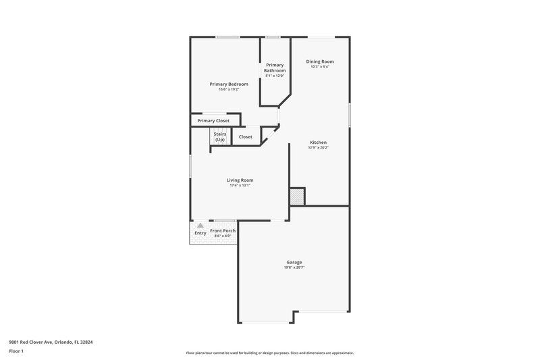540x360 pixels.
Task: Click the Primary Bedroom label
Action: (x=229, y=84)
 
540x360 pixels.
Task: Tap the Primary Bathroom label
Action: (x=275, y=68)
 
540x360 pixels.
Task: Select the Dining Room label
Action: (x=320, y=61)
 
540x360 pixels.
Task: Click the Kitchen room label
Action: (x=319, y=143)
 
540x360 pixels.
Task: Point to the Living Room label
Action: (x=240, y=180)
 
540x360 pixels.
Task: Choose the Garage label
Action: (x=294, y=262)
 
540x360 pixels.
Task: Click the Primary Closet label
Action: (x=213, y=121)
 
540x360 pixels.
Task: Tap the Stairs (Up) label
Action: (x=220, y=136)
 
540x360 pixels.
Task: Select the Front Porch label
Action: (x=223, y=231)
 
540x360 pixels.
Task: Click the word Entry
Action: (x=200, y=233)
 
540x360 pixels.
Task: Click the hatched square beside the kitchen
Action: (x=297, y=197)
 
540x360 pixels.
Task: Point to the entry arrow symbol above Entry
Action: (x=200, y=226)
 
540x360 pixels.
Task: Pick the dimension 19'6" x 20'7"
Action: (x=294, y=268)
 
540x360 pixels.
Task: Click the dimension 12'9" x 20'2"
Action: (x=319, y=148)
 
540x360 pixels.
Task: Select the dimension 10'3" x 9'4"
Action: (x=320, y=67)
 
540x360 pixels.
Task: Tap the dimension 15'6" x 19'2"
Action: (x=229, y=89)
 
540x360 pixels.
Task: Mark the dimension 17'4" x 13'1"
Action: (x=240, y=185)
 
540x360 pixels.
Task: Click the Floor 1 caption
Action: (x=16, y=352)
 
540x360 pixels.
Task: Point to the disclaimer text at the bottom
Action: (x=270, y=353)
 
